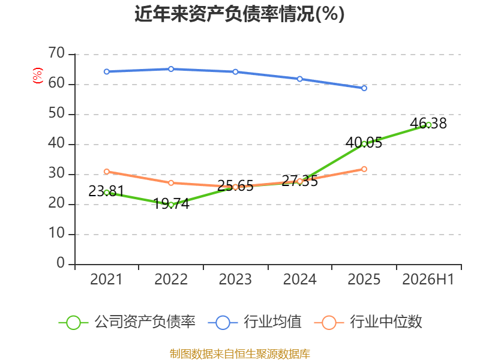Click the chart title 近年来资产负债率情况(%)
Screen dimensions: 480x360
(x=239, y=14)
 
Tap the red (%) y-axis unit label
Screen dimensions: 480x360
(x=38, y=76)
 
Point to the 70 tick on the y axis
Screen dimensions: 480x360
(x=56, y=53)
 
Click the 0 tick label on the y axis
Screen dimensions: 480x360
(x=61, y=263)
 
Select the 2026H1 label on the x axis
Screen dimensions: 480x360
(x=428, y=279)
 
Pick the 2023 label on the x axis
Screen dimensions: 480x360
(x=235, y=279)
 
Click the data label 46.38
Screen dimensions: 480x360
(x=428, y=123)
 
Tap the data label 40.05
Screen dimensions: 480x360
(x=364, y=143)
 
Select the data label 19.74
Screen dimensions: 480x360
(x=171, y=203)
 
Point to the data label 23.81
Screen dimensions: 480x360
(x=106, y=191)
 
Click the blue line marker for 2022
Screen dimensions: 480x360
(x=171, y=69)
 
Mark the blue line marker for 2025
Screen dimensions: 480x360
(x=364, y=88)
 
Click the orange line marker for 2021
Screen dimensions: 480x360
(x=107, y=172)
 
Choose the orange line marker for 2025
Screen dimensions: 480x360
(x=364, y=169)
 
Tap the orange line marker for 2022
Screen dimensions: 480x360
(x=171, y=183)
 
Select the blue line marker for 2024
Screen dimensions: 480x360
(x=299, y=79)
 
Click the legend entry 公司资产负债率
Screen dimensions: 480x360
(x=127, y=322)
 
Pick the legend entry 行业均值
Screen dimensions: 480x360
(x=254, y=322)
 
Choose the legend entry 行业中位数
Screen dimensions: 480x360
(x=368, y=322)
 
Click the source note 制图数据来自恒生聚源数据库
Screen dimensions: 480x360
(x=239, y=354)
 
